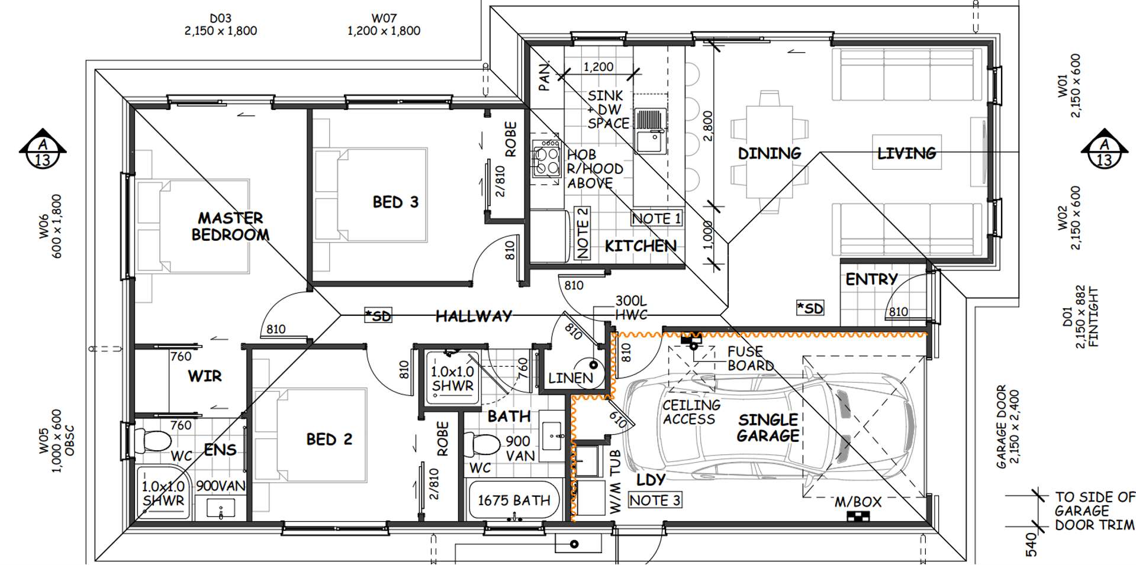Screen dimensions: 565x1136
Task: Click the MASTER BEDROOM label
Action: [230, 227]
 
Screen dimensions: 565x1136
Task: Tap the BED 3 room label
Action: [395, 202]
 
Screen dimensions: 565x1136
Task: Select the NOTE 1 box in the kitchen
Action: [656, 218]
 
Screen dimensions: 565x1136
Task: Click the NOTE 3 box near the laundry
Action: [654, 501]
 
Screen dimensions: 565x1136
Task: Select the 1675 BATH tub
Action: [513, 501]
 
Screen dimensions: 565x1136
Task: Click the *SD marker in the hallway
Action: [378, 316]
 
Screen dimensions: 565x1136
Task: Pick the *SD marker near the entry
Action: [809, 308]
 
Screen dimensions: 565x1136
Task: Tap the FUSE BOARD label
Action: [749, 359]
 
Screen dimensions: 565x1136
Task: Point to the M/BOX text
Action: [858, 502]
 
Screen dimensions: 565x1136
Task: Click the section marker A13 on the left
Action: [43, 148]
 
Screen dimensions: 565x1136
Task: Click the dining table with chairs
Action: [769, 153]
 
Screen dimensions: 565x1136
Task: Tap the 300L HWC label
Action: [631, 308]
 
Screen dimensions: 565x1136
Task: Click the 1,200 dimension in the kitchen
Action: [598, 67]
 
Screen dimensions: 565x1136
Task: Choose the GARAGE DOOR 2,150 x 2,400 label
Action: [1007, 427]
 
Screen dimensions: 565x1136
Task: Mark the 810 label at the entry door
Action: [897, 312]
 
